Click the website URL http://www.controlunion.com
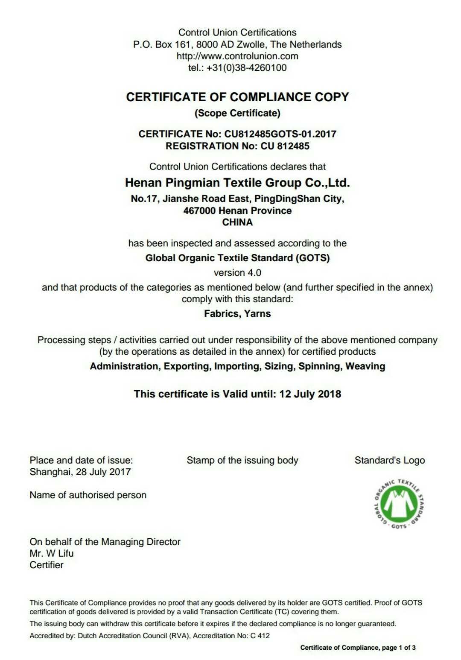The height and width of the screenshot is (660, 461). pos(237,56)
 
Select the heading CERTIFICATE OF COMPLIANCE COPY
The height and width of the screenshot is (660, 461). pos(237,97)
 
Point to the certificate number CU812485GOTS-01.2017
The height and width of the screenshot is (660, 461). pos(280,134)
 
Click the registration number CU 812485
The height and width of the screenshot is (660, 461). pos(285,146)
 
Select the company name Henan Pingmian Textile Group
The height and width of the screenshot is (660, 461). pos(237,183)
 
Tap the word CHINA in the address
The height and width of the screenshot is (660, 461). pos(237,222)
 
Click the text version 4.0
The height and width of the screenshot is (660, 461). pos(237,273)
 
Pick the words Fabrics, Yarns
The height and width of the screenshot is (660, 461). pos(237,314)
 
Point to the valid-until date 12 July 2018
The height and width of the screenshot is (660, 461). pos(310,394)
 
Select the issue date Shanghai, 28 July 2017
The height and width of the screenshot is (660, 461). pos(80,472)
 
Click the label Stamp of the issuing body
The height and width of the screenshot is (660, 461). pos(242,460)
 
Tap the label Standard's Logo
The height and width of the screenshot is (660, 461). pos(389,460)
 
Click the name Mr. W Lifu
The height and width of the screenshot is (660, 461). pos(52,553)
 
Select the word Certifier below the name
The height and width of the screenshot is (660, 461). pos(47,565)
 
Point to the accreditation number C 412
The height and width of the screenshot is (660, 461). pos(260,636)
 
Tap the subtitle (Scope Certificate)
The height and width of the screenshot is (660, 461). pos(237,113)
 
